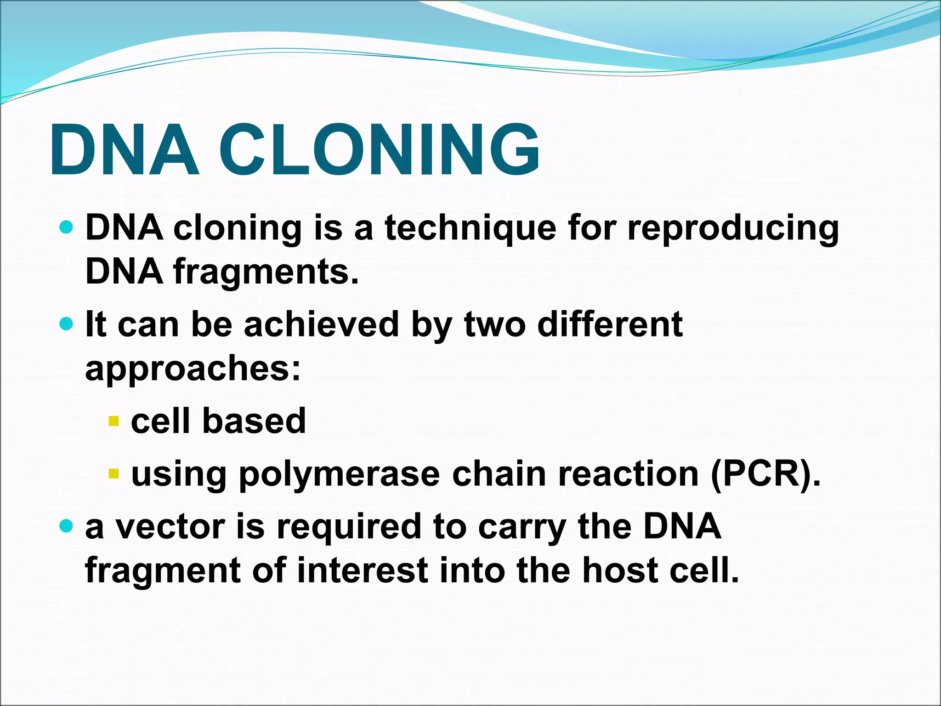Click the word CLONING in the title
pyautogui.click(x=380, y=150)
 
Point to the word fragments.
pyautogui.click(x=266, y=272)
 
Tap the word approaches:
pyautogui.click(x=193, y=369)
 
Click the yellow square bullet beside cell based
pyautogui.click(x=113, y=421)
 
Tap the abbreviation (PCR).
pyautogui.click(x=765, y=474)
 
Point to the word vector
pyautogui.click(x=170, y=527)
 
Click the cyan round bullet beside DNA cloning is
pyautogui.click(x=67, y=227)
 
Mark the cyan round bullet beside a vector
pyautogui.click(x=67, y=526)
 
